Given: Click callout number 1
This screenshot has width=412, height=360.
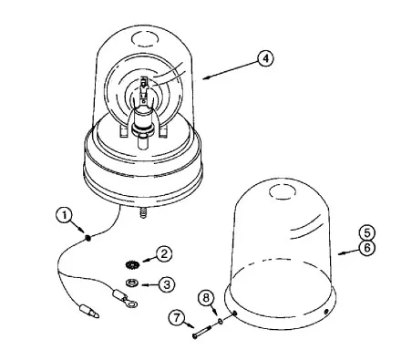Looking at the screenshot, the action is point(64,215).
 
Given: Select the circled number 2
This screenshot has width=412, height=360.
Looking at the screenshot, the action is point(164,253).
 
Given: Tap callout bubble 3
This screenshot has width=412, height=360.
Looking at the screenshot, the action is point(167,284).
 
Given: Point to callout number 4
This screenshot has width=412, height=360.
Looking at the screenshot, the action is point(265,58).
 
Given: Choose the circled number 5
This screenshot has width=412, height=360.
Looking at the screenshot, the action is point(367,233).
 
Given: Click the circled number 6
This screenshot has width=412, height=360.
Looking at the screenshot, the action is point(367,248).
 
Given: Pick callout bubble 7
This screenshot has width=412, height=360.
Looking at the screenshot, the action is point(177,318).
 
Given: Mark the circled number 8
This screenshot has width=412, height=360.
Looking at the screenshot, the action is point(206,298).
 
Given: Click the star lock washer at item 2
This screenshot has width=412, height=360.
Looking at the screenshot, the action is point(132,264).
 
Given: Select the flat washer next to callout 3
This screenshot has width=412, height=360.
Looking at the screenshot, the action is point(132,282).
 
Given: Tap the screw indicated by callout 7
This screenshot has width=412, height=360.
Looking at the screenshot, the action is point(201,331).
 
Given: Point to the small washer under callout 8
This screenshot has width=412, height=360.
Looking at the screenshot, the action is point(221,320).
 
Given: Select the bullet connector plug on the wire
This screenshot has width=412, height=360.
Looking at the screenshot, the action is point(89,312).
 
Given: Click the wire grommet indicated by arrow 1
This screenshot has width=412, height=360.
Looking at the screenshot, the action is point(88,238).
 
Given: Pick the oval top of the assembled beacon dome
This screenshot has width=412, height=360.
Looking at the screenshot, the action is point(145,38).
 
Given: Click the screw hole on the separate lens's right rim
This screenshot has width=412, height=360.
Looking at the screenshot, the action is point(326,312).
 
